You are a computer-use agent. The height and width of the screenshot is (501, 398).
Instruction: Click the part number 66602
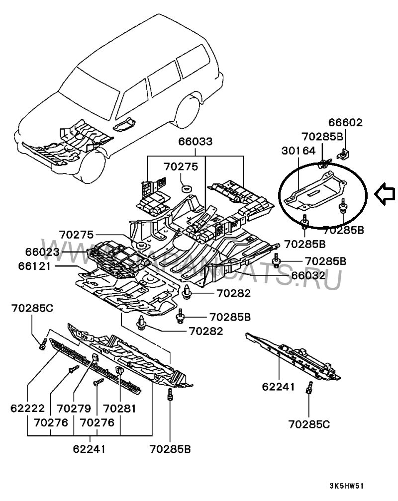coord(345,122)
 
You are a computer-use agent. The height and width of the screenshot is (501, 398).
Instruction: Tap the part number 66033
coord(196,142)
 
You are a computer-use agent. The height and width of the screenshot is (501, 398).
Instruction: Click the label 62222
coord(27,408)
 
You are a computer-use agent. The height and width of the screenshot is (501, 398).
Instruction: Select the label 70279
coord(74,408)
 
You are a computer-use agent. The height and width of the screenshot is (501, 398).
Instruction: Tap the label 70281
coord(119,408)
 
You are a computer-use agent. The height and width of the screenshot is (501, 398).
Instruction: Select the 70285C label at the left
coord(32,309)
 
